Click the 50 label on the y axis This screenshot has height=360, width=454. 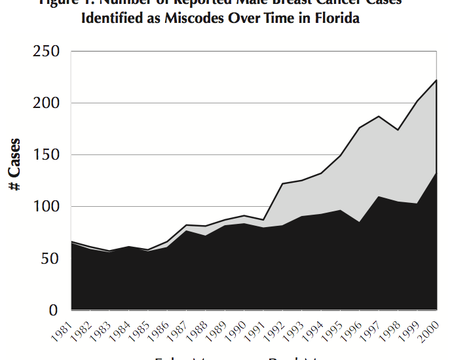(50, 259)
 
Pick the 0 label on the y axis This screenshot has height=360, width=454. (54, 310)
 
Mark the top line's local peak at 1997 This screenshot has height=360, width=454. (379, 117)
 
